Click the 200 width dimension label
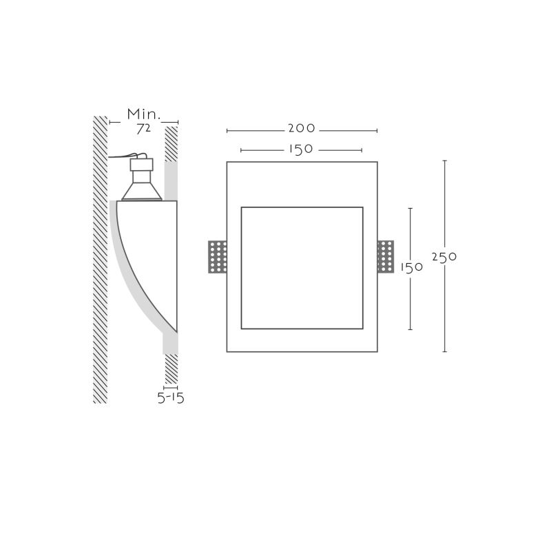click(x=302, y=128)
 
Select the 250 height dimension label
click(x=444, y=257)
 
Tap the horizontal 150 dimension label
click(x=301, y=149)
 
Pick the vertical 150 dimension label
click(x=412, y=267)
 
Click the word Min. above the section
click(x=144, y=114)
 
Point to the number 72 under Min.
click(x=143, y=129)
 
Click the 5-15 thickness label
click(x=171, y=398)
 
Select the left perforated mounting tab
click(x=218, y=257)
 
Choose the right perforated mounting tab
click(x=386, y=256)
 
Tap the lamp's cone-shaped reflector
click(x=142, y=191)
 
